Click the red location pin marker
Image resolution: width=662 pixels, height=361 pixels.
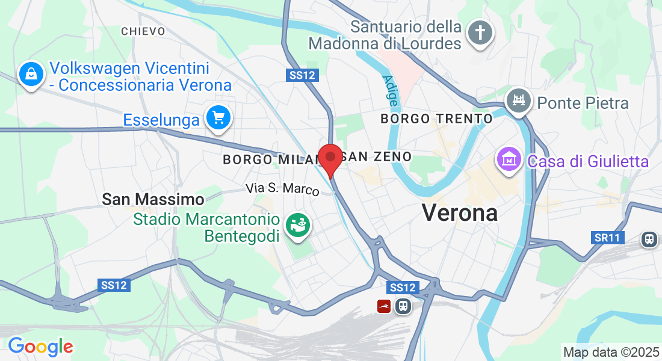pyautogui.click(x=330, y=158)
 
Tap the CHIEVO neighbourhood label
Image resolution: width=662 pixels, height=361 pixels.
pyautogui.click(x=143, y=31)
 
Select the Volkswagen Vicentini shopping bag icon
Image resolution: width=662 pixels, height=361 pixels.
pyautogui.click(x=30, y=75)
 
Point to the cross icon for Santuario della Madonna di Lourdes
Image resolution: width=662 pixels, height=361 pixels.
pyautogui.click(x=480, y=32)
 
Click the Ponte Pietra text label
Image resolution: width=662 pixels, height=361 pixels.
pyautogui.click(x=583, y=103)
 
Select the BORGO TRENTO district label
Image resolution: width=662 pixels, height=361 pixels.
pyautogui.click(x=436, y=119)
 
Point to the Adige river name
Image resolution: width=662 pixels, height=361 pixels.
pyautogui.click(x=390, y=91)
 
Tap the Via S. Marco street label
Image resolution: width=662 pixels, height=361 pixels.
pyautogui.click(x=282, y=188)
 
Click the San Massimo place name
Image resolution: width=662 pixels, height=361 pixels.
pyautogui.click(x=153, y=199)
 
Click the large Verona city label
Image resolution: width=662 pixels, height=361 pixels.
pyautogui.click(x=460, y=212)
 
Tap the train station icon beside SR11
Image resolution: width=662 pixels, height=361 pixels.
pyautogui.click(x=649, y=239)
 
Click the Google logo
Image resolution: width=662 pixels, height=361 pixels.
pyautogui.click(x=40, y=347)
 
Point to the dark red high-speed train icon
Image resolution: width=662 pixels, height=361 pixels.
pyautogui.click(x=385, y=306)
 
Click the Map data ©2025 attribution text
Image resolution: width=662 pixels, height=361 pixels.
pyautogui.click(x=611, y=352)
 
